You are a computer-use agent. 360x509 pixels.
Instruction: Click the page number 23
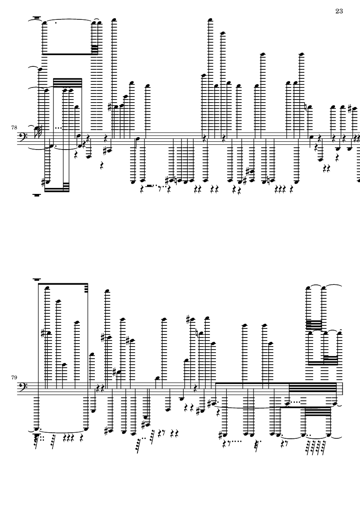[339, 11]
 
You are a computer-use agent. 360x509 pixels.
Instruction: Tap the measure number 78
[14, 128]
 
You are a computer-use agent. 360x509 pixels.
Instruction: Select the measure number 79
[14, 377]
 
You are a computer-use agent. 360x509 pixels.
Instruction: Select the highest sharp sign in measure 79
[188, 319]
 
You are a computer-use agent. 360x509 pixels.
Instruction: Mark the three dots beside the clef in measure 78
[59, 128]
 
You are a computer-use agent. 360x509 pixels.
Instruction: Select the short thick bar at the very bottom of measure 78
[36, 195]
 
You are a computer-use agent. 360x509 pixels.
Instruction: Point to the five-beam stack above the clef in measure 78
[68, 83]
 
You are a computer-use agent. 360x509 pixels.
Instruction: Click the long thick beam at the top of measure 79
[63, 284]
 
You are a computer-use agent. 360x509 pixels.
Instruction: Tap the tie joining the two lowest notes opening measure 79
[62, 431]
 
